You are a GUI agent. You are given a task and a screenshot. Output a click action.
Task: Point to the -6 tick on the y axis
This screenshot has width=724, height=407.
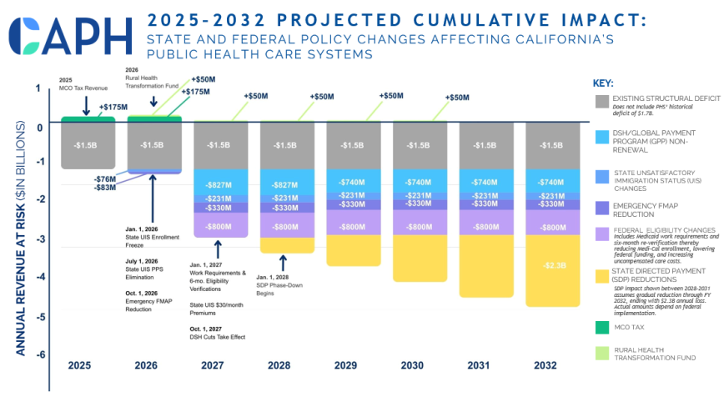point(38,354)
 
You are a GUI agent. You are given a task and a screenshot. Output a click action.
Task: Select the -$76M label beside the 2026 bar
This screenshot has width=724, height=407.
point(105,178)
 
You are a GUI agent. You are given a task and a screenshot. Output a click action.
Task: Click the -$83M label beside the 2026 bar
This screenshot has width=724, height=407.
point(105,188)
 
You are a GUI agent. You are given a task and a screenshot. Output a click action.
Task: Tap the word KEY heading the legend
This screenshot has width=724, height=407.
point(603,83)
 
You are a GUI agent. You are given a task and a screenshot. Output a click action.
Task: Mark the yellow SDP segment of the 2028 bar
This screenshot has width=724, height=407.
point(284,244)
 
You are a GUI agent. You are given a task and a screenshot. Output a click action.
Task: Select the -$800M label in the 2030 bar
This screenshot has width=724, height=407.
point(416,227)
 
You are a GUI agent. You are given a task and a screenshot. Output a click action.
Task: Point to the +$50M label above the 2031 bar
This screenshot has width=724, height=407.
point(456,98)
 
